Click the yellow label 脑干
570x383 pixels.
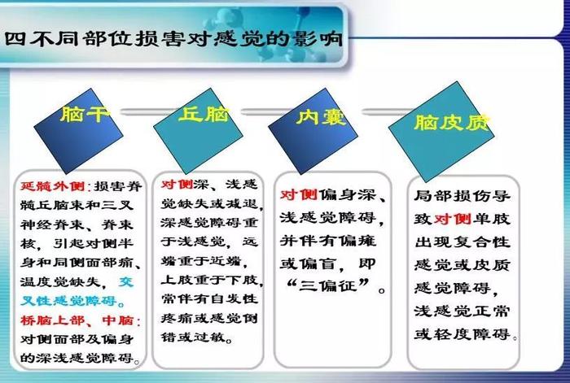85,114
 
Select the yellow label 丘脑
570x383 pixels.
204,115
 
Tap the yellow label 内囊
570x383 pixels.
321,117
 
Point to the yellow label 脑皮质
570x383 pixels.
452,122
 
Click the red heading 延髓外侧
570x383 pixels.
53,186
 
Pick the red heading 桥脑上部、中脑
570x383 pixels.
77,320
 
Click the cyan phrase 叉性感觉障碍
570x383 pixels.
68,301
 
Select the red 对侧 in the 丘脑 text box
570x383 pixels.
177,184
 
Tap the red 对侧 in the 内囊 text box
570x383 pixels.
299,195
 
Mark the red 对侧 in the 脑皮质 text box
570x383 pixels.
453,219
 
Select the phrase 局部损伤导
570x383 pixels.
463,196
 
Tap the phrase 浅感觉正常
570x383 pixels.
463,311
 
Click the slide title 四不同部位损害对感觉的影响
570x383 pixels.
173,39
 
